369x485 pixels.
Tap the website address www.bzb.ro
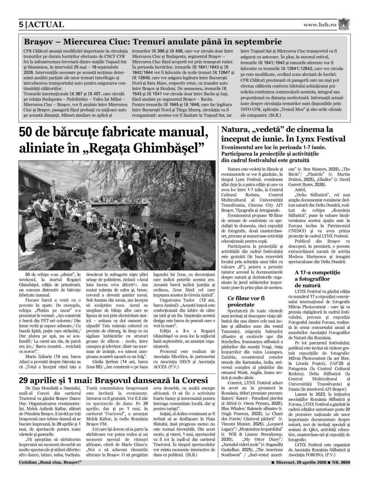320,25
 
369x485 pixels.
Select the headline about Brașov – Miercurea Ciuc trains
153,42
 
